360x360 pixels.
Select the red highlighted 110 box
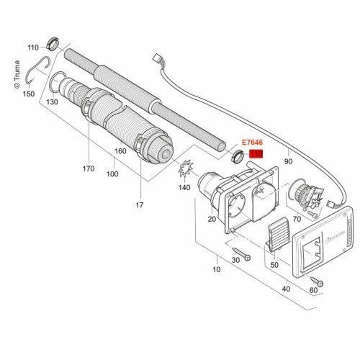point(255,154)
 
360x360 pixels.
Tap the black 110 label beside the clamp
point(32,48)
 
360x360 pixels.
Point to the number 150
point(27,94)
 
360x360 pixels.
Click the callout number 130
point(52,102)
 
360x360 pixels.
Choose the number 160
point(120,151)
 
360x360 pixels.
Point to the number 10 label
point(215,269)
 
